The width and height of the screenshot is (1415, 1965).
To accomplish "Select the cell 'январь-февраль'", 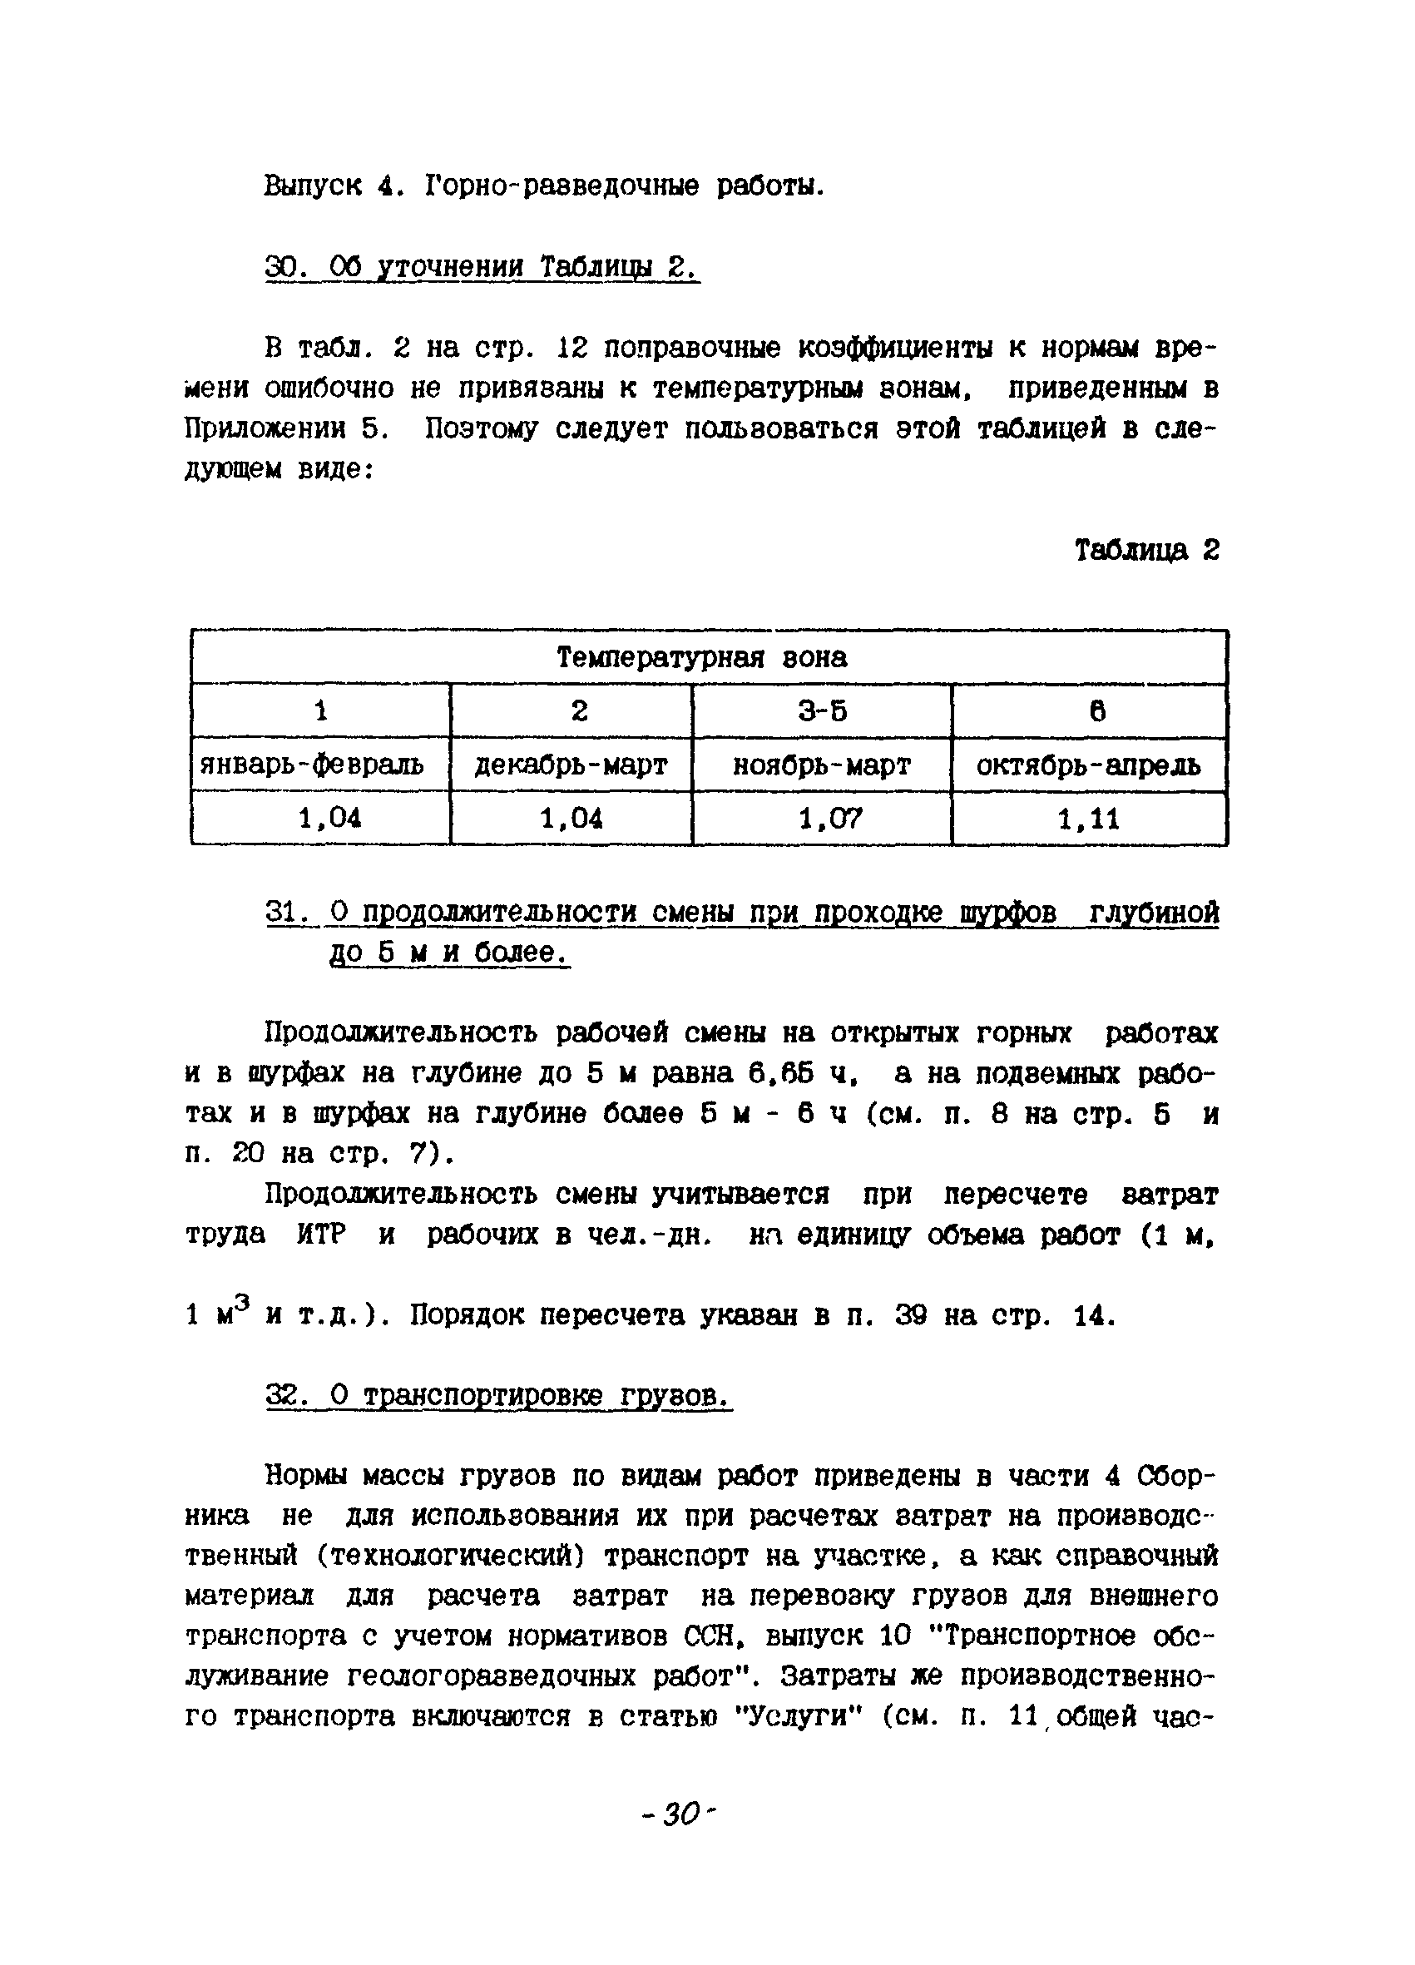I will [x=313, y=765].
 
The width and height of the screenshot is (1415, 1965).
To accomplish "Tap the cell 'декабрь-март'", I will [x=571, y=765].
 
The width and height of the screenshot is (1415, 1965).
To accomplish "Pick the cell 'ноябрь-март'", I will [x=821, y=765].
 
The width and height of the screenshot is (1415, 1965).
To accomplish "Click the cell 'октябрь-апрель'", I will [x=1088, y=765].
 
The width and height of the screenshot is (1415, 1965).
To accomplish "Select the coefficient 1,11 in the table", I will [x=1088, y=818].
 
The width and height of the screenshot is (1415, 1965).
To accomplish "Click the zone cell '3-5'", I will [x=821, y=711].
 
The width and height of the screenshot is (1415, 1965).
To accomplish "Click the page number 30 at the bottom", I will [x=681, y=1814].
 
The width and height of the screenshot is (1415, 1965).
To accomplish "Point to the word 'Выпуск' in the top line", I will [x=313, y=186].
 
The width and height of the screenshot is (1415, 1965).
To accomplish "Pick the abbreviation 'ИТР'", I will [x=320, y=1235].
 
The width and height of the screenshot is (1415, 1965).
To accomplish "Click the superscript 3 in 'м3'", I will [x=243, y=1300].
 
